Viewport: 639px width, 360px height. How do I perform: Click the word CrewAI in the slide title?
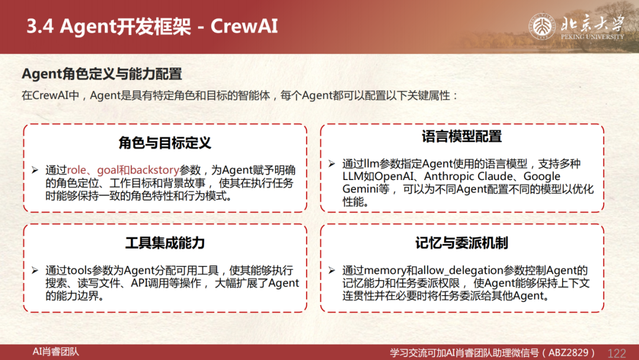(244, 26)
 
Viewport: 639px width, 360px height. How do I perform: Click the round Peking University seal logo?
(542, 27)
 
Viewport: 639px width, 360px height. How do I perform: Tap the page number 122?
(617, 353)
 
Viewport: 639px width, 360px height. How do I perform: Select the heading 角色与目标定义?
(165, 143)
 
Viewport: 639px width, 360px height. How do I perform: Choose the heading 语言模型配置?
(461, 136)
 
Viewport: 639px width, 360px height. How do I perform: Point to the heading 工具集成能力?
(165, 243)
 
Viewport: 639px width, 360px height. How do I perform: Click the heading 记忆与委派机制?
(461, 243)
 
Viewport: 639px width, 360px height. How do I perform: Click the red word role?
(76, 170)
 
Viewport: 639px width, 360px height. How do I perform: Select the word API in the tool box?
(140, 283)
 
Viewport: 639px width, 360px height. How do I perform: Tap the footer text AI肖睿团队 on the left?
(56, 352)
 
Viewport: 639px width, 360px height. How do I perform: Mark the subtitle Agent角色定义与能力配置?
(102, 74)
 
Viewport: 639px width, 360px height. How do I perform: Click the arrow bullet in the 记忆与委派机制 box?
(332, 271)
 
